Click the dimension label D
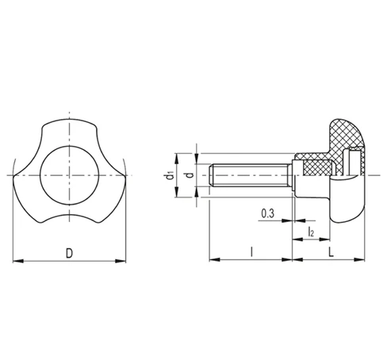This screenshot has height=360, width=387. pos(69,253)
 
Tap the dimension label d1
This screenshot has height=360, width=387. pos(169,175)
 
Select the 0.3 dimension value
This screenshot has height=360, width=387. pos(268,213)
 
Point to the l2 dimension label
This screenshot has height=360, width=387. pos(311,232)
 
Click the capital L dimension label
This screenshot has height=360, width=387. pos(331,252)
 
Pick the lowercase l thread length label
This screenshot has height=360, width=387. pos(251,251)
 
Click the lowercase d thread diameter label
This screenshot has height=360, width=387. pos(190,174)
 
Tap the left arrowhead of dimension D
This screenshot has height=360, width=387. pos(18,261)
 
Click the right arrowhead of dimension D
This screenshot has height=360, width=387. pos(121,261)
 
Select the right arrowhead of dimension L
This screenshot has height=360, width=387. pos(359,260)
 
